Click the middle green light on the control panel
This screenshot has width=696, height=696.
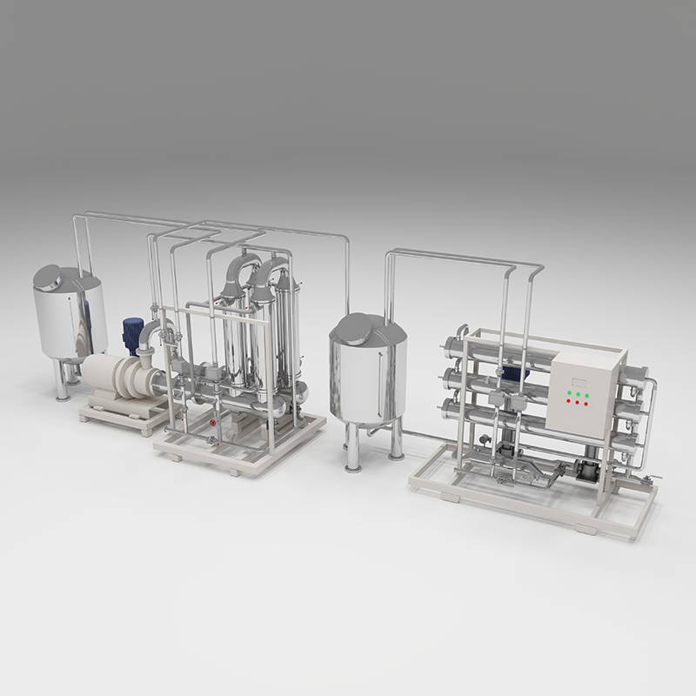pos(578,394)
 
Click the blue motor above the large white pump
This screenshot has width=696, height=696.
pos(132,333)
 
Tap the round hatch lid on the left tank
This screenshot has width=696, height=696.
pos(50,278)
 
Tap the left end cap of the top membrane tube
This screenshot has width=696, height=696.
pos(451,349)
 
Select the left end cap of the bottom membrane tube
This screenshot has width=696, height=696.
pos(451,405)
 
